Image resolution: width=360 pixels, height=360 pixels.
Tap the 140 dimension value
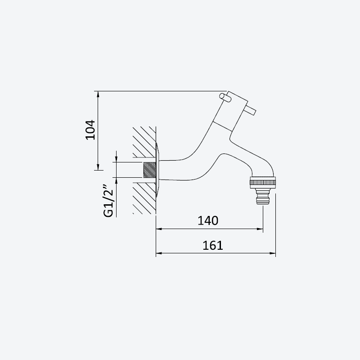pos(208,220)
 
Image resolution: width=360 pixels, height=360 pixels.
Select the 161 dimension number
pos(212,245)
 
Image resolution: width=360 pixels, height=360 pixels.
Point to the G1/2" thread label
pos(108,200)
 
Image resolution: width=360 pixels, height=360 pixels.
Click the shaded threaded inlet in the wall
pos(149,170)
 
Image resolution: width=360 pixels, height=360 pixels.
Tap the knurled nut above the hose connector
pos(263,182)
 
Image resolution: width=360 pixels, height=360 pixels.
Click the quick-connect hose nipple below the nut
pos(263,197)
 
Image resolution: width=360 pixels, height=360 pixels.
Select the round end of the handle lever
pos(222,96)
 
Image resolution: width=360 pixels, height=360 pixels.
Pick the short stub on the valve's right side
pos(250,111)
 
